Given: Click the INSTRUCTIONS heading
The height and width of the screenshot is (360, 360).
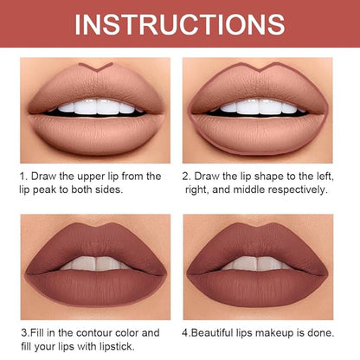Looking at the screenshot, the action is (180, 24).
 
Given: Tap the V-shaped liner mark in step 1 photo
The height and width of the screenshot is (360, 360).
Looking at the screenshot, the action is (95, 68).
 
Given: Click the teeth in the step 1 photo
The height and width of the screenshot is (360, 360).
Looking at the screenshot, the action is (97, 106).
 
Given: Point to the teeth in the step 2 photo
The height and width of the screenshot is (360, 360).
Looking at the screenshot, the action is (259, 106).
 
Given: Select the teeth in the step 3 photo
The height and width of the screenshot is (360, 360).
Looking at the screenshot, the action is (95, 263).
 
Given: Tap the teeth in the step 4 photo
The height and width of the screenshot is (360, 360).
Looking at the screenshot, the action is (258, 263).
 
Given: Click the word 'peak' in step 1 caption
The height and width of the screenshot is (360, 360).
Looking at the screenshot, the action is (44, 190).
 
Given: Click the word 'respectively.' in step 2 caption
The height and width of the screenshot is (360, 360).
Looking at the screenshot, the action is (298, 190).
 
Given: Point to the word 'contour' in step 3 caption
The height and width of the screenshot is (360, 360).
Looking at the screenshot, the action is (94, 333).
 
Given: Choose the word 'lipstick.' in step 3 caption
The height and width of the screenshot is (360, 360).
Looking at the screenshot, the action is (117, 346).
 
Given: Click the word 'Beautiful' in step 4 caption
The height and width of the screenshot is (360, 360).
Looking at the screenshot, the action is (212, 333).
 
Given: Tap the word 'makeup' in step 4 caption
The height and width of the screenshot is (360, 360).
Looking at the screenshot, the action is (277, 333).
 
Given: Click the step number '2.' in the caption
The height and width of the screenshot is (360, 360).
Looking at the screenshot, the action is (186, 177).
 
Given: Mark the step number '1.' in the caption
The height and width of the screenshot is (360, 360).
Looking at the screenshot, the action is (23, 177).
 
